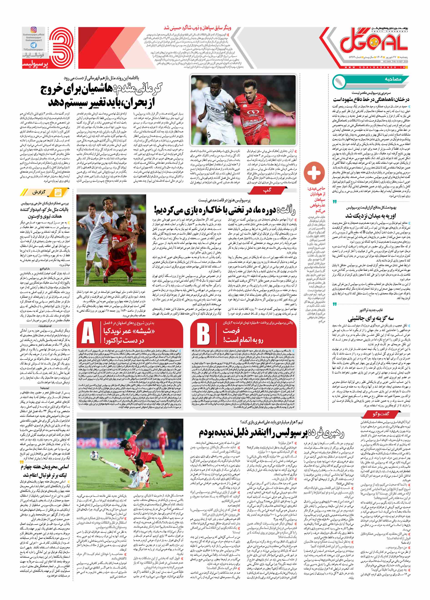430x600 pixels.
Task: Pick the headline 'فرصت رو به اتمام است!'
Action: point(243,335)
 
